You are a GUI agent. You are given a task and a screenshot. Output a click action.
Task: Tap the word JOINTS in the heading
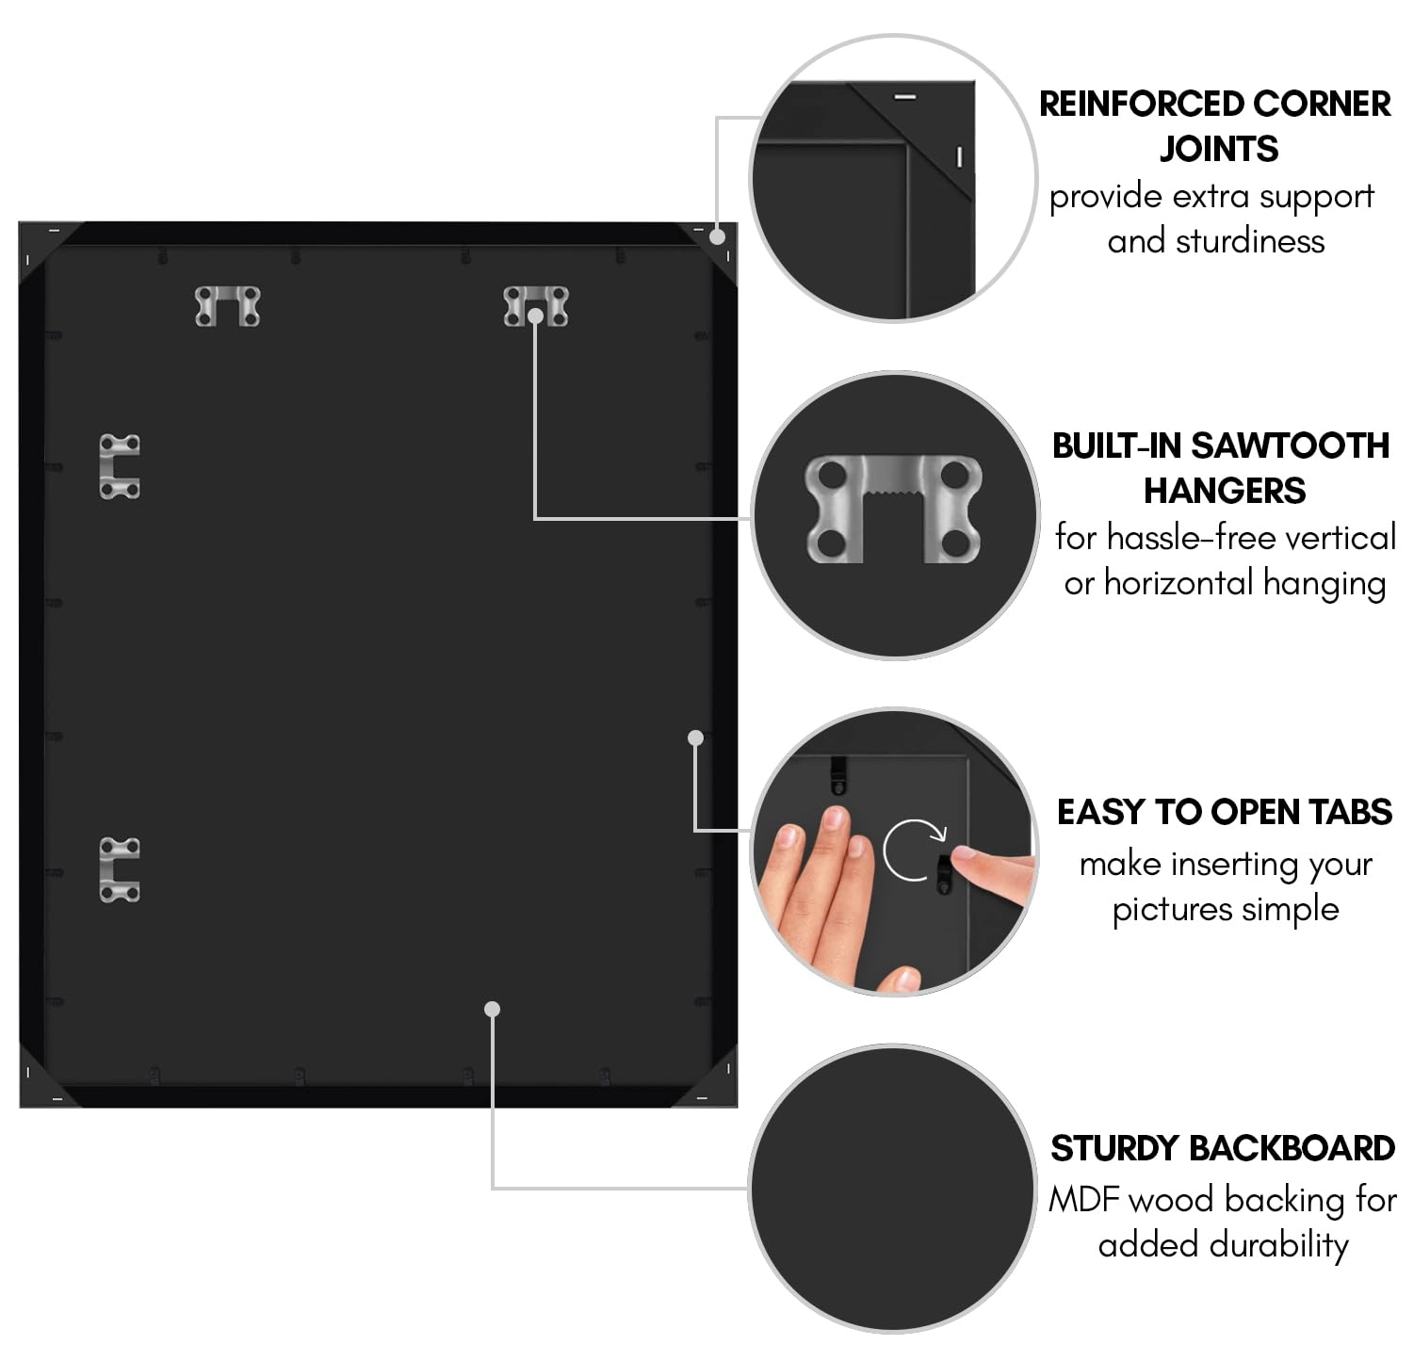[1219, 149]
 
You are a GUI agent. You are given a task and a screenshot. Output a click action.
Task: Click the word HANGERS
[1225, 490]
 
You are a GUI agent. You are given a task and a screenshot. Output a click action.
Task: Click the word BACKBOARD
[1292, 1148]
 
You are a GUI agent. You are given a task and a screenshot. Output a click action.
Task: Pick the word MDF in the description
[1084, 1199]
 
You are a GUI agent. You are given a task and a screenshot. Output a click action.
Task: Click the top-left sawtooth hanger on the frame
[227, 306]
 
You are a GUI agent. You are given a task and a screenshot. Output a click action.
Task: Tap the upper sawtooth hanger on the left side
[120, 466]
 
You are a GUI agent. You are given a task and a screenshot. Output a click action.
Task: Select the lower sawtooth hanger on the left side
[120, 869]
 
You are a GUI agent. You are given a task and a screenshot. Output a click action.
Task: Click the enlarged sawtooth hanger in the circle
[893, 509]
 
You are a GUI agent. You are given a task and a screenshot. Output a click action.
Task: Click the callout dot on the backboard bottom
[492, 1009]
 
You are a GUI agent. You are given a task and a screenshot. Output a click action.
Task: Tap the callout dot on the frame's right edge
[696, 737]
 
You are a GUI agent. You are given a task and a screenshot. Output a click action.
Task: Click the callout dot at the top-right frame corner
[718, 236]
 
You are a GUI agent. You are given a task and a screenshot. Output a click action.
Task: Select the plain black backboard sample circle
[893, 1189]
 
